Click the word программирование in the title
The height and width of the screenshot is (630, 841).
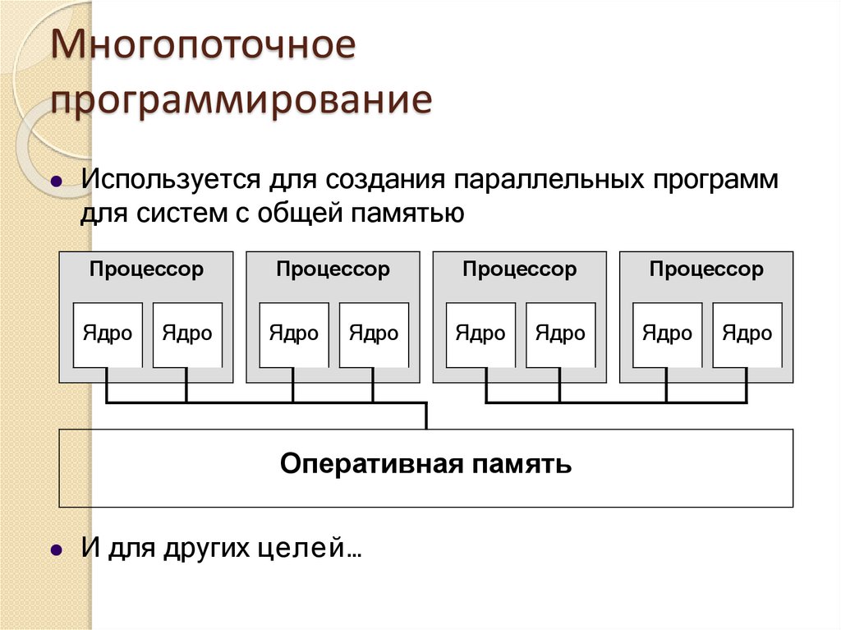pyautogui.click(x=241, y=101)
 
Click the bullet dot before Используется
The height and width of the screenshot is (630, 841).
pyautogui.click(x=57, y=182)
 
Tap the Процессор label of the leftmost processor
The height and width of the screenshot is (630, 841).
pyautogui.click(x=146, y=269)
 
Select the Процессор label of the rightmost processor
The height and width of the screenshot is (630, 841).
pyautogui.click(x=706, y=269)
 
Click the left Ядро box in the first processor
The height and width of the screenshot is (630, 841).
pyautogui.click(x=108, y=334)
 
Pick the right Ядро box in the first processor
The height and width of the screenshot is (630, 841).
pyautogui.click(x=187, y=334)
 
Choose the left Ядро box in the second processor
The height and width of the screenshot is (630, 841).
pyautogui.click(x=294, y=334)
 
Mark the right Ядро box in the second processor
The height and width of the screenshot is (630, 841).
pyautogui.click(x=374, y=334)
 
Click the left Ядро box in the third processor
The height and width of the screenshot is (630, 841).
pyautogui.click(x=481, y=334)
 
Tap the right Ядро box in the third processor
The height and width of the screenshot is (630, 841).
pyautogui.click(x=561, y=334)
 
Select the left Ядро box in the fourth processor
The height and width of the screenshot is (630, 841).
pyautogui.click(x=668, y=334)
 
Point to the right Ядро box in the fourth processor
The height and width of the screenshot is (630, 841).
pyautogui.click(x=747, y=334)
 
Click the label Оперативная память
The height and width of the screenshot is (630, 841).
pyautogui.click(x=425, y=465)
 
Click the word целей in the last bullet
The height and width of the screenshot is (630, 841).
pyautogui.click(x=316, y=548)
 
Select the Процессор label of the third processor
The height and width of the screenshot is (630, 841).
pyautogui.click(x=520, y=269)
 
